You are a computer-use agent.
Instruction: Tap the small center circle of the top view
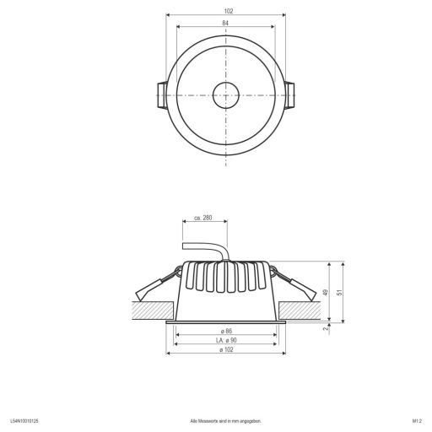tap(226, 95)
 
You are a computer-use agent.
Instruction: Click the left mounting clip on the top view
tap(162, 95)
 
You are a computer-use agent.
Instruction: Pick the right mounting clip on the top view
tap(290, 95)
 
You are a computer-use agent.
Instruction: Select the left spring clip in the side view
tap(154, 284)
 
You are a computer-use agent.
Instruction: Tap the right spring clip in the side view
tap(298, 284)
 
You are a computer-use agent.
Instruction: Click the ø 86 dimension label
tap(226, 330)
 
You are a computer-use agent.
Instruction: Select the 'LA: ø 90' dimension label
tap(225, 340)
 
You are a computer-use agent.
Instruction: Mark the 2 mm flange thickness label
tap(327, 329)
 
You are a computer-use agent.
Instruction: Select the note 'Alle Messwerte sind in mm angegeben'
tap(225, 419)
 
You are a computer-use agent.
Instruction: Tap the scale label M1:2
tap(416, 419)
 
